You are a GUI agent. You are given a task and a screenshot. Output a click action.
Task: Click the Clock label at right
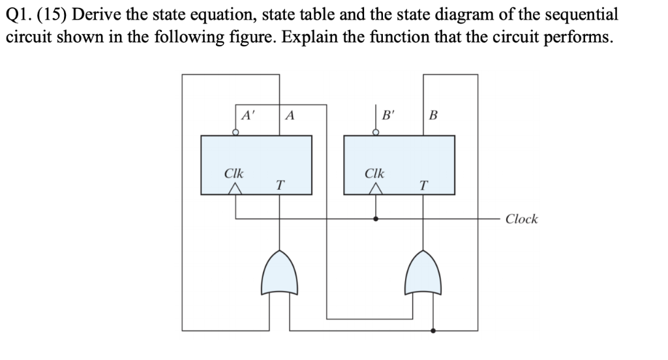[521, 219]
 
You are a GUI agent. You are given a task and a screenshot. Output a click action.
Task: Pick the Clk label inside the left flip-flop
[234, 174]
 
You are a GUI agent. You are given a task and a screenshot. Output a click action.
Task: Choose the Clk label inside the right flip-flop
[375, 174]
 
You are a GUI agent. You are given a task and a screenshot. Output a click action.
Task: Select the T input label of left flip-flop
[279, 185]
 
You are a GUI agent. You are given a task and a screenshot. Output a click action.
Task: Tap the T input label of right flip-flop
[422, 185]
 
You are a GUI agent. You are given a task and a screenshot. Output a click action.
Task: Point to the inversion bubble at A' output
[235, 133]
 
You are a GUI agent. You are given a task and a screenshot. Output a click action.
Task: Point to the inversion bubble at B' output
[376, 133]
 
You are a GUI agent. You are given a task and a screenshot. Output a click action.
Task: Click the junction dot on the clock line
[376, 219]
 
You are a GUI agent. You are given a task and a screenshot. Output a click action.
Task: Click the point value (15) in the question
[55, 14]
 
